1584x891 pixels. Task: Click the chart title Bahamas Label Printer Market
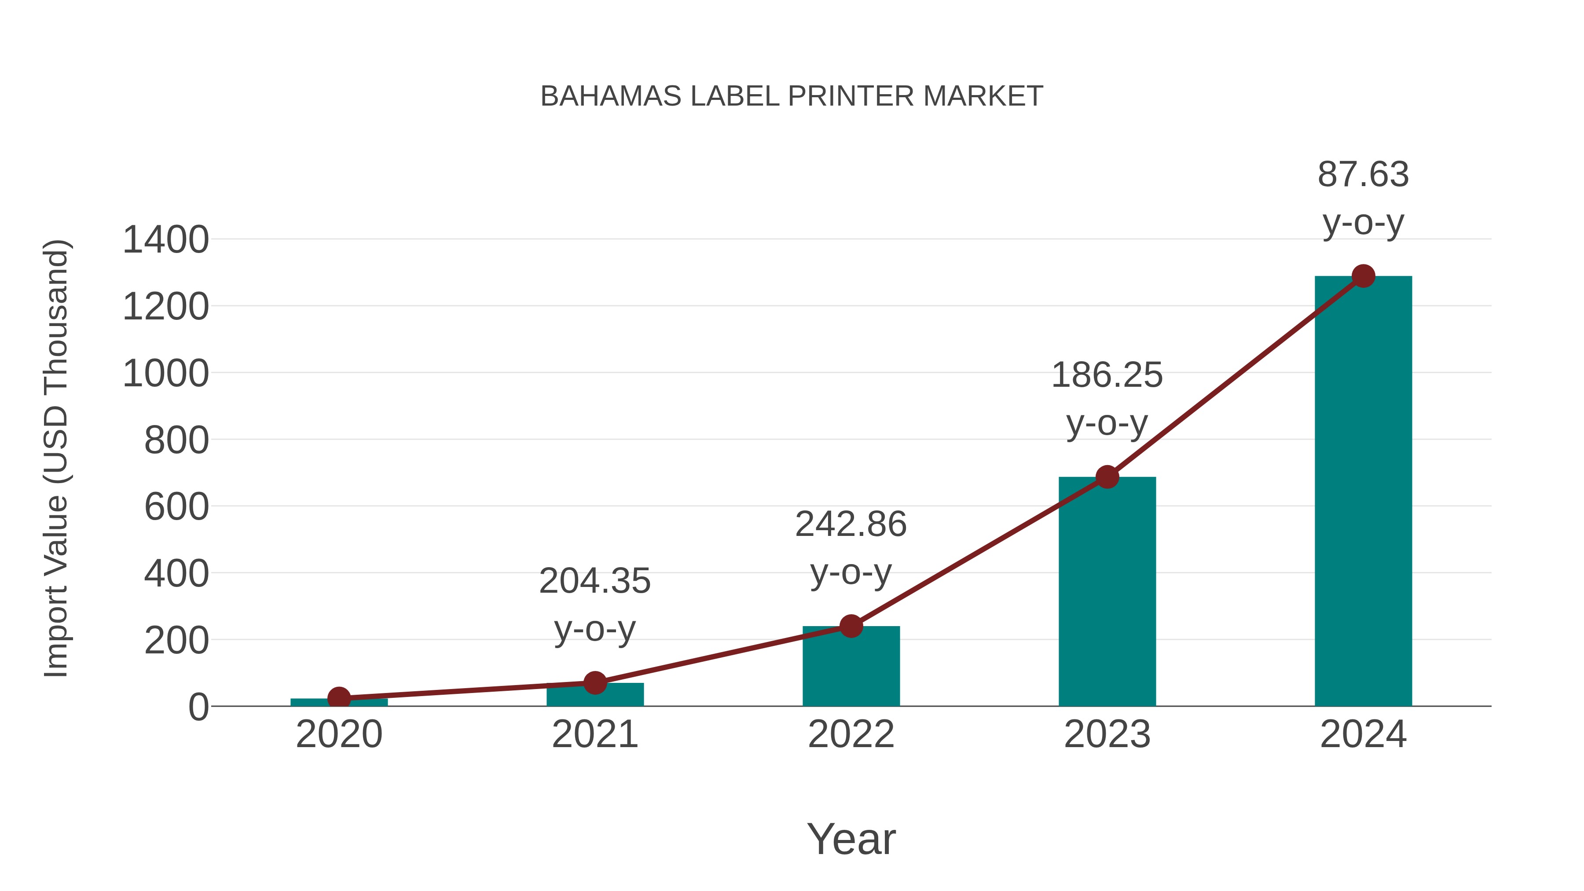coord(792,96)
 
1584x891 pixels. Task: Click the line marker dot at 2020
coord(339,698)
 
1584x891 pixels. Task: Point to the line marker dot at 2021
coord(594,682)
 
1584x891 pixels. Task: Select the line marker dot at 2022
coord(851,627)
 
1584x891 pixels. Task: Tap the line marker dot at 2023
coord(1107,477)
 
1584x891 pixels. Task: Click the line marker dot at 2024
coord(1363,276)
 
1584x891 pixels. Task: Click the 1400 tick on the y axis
coord(166,240)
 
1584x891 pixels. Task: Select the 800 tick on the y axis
coord(176,440)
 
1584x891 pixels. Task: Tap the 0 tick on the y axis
coord(198,707)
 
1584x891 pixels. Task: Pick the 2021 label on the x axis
coord(594,735)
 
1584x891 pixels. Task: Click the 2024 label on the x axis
coord(1363,735)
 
